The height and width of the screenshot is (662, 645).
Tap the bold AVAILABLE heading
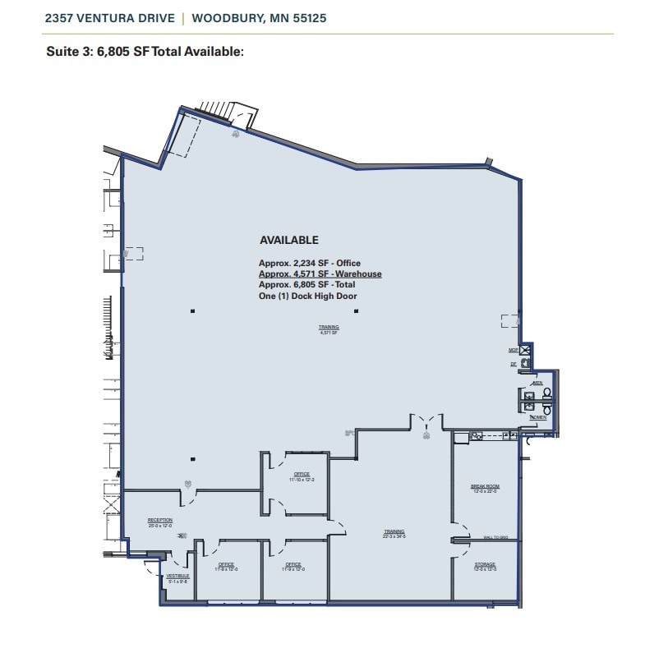[x=288, y=241]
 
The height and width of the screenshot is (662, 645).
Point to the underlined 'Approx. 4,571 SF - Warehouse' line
[x=320, y=274]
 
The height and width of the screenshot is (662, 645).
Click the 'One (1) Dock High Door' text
[x=307, y=296]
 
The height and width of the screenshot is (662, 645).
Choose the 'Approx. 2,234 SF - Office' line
[x=309, y=264]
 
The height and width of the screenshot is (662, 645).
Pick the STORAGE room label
[x=485, y=566]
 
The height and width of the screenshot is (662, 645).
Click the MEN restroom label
[x=537, y=383]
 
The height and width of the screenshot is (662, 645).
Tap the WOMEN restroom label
[x=538, y=417]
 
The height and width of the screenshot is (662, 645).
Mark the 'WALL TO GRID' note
[x=495, y=538]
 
